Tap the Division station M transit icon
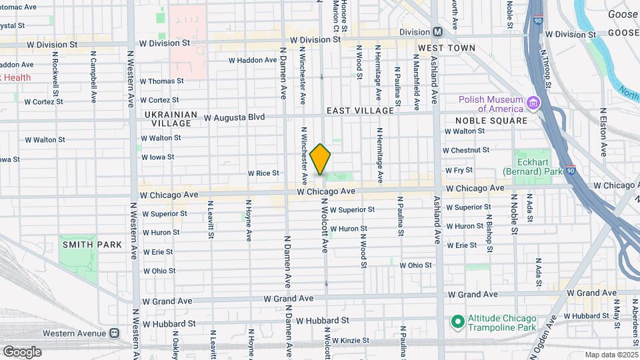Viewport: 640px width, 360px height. [x=438, y=31]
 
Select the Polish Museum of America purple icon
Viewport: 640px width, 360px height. [x=532, y=104]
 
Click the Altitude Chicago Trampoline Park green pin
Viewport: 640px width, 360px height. [x=457, y=323]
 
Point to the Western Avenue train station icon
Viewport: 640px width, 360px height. [x=115, y=333]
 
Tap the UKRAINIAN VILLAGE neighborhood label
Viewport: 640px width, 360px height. [x=171, y=119]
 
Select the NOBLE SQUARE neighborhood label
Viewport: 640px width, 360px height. [x=491, y=121]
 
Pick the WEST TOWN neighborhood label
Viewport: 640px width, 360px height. [x=446, y=48]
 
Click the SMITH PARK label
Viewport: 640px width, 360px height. [x=93, y=245]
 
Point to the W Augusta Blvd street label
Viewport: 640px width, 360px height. [x=234, y=117]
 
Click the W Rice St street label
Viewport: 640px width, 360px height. [x=263, y=173]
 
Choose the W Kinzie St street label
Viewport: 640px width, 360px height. [x=350, y=341]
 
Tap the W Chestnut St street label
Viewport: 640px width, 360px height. [x=467, y=151]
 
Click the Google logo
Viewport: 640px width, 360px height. [x=21, y=351]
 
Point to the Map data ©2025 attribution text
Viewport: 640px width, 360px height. [x=611, y=355]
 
